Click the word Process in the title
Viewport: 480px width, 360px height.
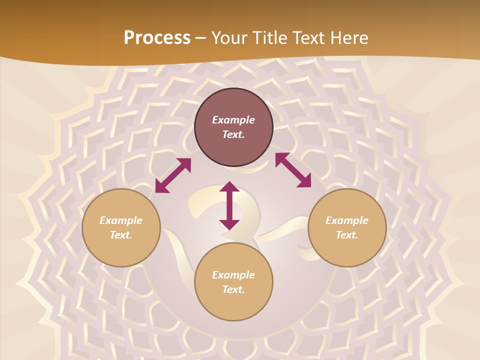coord(157,38)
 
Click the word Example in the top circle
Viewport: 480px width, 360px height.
coord(233,120)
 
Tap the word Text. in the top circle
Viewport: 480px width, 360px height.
coord(233,135)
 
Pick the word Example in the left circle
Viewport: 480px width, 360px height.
coord(121,220)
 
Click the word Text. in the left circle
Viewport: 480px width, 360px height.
coord(121,235)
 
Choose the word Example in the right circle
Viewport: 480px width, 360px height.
coord(347,220)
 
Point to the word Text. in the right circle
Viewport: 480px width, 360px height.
coord(347,235)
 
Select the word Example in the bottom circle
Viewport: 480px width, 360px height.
coord(233,275)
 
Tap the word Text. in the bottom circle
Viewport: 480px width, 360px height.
coord(233,290)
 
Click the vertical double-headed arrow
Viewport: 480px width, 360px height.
coord(229,205)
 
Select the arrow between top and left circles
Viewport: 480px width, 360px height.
coord(173,175)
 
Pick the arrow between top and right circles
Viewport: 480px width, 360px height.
coord(293,170)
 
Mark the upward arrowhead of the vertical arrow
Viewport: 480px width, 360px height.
coord(229,187)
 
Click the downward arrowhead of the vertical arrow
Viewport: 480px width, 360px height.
coord(229,224)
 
